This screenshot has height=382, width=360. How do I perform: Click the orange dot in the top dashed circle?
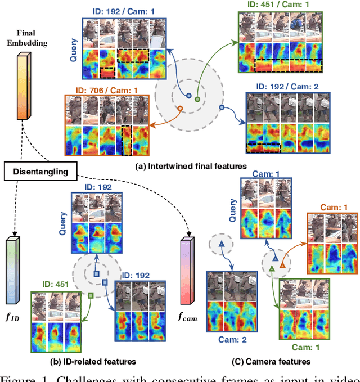tap(181, 108)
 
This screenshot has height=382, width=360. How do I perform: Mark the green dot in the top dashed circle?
tap(197, 99)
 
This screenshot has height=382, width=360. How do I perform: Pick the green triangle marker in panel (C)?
tap(271, 270)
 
